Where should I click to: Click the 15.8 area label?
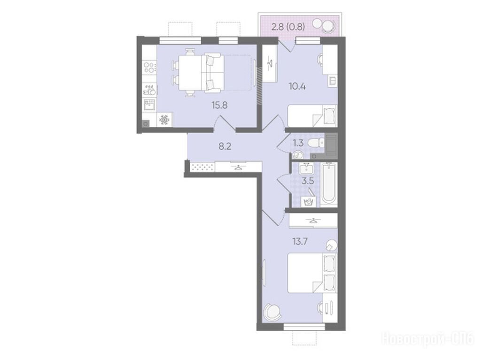[219, 106]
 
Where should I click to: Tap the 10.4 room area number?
[297, 86]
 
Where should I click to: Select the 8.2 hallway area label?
[225, 146]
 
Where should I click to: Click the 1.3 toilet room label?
[298, 143]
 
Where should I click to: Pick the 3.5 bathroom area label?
[308, 181]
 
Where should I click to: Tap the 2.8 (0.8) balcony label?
[288, 27]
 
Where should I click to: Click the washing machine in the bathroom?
[309, 201]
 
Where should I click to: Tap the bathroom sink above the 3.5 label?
[306, 169]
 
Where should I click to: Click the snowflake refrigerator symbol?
[165, 120]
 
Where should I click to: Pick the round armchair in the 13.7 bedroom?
[273, 312]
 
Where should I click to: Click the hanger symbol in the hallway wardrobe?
[238, 168]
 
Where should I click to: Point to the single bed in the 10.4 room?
[312, 115]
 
